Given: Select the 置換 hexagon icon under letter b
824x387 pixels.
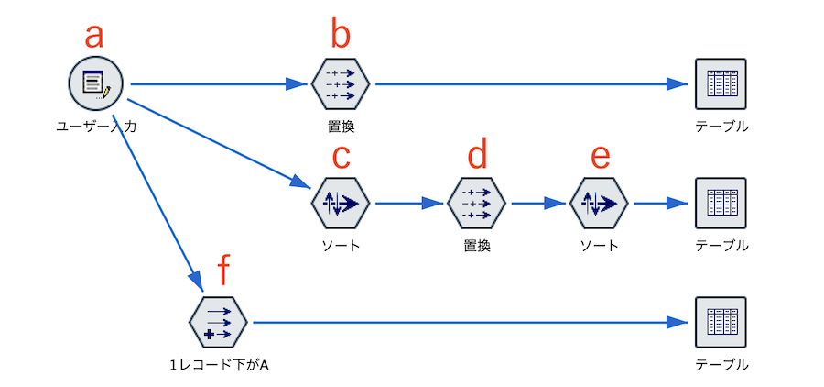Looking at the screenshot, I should pyautogui.click(x=341, y=83).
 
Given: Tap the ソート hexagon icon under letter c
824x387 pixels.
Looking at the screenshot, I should pyautogui.click(x=341, y=203).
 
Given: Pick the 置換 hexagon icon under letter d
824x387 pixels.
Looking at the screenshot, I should pyautogui.click(x=476, y=203).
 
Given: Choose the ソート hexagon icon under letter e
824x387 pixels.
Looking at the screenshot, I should pyautogui.click(x=599, y=203).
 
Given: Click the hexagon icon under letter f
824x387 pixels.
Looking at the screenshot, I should pyautogui.click(x=218, y=322).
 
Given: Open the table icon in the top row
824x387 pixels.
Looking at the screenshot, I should pyautogui.click(x=721, y=83).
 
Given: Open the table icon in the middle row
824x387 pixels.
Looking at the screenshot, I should pyautogui.click(x=721, y=203).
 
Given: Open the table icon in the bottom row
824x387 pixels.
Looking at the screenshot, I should pyautogui.click(x=721, y=322).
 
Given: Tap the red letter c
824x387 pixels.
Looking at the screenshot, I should pyautogui.click(x=341, y=156).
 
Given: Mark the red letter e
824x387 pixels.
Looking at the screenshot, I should pyautogui.click(x=600, y=156).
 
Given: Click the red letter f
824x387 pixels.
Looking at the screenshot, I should pyautogui.click(x=226, y=271).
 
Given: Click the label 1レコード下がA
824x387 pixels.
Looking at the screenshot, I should pyautogui.click(x=218, y=365).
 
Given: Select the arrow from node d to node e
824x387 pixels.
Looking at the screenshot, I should pyautogui.click(x=538, y=203).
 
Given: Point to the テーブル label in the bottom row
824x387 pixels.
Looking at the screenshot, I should pyautogui.click(x=721, y=365).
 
